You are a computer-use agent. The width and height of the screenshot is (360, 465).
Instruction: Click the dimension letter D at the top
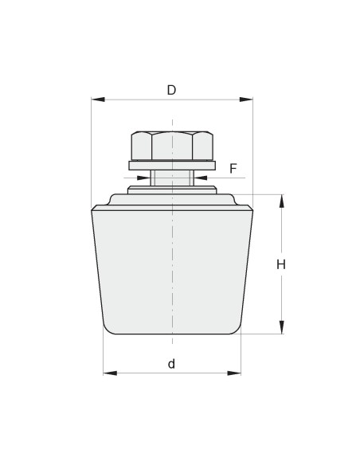171,90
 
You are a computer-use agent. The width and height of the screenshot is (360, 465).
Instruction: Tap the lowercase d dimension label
171,364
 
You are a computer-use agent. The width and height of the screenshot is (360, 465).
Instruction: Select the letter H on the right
281,264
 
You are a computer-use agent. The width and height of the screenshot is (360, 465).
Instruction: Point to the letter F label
233,169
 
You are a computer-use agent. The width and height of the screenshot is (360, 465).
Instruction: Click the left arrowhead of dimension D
98,100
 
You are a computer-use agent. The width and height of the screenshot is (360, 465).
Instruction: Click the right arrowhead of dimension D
246,100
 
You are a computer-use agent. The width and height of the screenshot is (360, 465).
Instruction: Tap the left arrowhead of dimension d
110,373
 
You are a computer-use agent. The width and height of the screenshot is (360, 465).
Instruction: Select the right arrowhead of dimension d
234,373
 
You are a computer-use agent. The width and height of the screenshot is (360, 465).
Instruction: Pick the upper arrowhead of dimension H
281,201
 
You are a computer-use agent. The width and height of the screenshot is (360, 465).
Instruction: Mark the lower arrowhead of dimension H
281,327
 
